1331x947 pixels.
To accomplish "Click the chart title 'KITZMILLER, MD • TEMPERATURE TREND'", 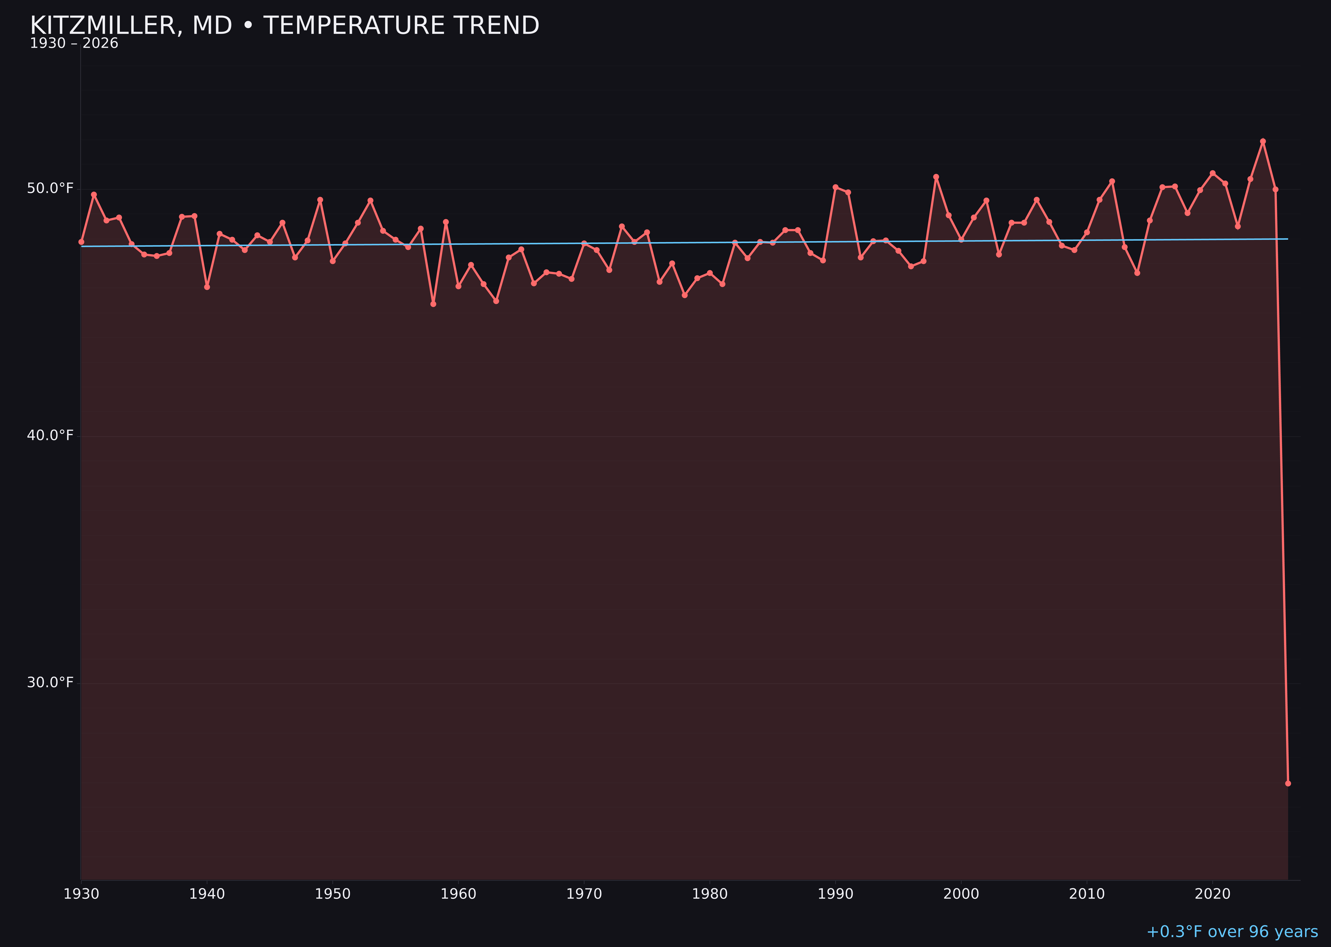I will tap(285, 26).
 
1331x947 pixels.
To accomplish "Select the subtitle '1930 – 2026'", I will tap(74, 44).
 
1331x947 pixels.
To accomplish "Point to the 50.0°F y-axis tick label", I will tap(50, 188).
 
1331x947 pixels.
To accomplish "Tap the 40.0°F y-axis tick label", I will tap(50, 436).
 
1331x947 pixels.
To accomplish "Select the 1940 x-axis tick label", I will tap(207, 894).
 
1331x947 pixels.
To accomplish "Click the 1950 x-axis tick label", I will tap(333, 894).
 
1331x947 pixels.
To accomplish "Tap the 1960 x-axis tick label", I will tap(458, 894).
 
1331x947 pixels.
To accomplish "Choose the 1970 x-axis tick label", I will tap(584, 894).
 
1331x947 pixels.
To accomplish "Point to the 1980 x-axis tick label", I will tap(710, 894).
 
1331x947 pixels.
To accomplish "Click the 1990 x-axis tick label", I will tap(835, 894).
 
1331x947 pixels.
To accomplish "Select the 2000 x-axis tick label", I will tap(961, 894).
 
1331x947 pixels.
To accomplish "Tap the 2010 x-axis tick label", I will tap(1087, 894).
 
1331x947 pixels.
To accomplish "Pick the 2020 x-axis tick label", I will tap(1212, 894).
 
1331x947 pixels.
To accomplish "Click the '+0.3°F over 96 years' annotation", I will tap(1232, 932).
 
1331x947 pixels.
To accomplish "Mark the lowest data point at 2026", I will tap(1288, 783).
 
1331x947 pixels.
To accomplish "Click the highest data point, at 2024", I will tap(1263, 141).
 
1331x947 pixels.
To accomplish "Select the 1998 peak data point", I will tap(936, 177).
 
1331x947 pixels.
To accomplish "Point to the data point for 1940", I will tap(207, 287).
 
